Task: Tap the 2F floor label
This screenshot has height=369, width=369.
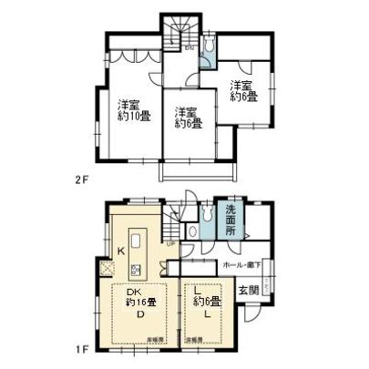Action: coord(84,179)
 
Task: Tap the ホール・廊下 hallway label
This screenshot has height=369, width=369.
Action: coord(242,265)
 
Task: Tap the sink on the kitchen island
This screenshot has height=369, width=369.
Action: coord(137,270)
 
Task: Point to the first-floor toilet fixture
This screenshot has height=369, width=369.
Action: coord(194,231)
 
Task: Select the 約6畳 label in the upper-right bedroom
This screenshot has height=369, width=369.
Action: coord(244,94)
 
